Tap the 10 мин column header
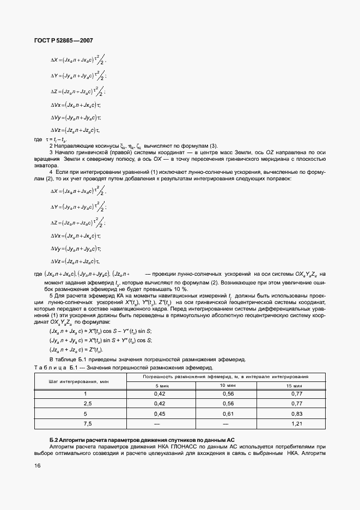(233, 386)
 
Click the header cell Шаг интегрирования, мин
(80, 381)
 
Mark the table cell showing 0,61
(233, 413)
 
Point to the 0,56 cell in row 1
(233, 393)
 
